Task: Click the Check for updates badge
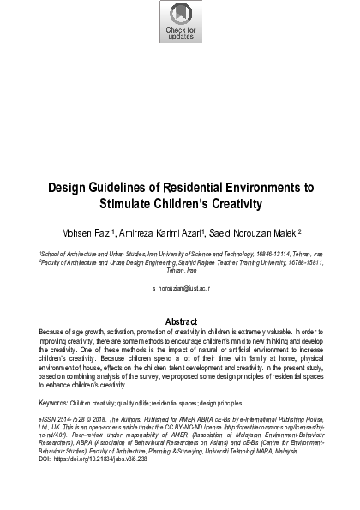coord(180,21)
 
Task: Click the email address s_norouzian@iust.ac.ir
coord(180,289)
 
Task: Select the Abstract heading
coord(180,321)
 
